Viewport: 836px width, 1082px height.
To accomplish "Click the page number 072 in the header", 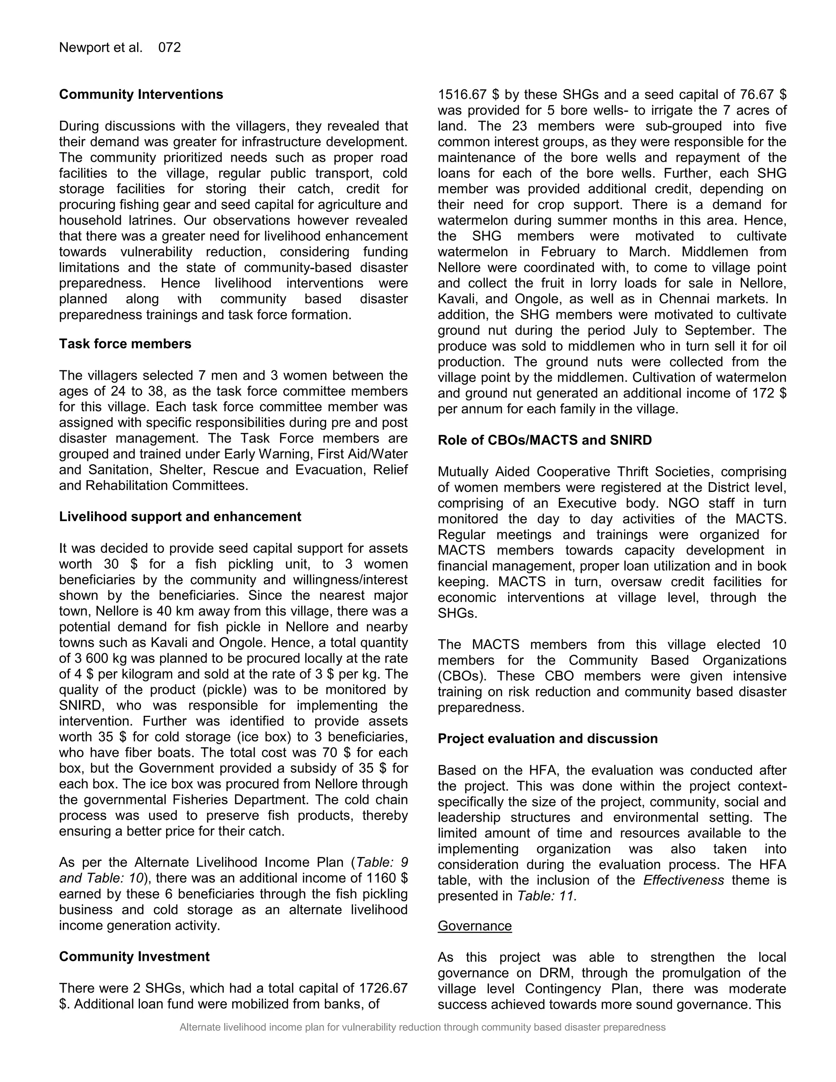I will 169,47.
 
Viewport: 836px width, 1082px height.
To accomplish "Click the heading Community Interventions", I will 141,94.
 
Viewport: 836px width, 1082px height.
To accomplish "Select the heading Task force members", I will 125,344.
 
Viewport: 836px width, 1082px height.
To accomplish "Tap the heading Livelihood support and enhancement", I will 180,517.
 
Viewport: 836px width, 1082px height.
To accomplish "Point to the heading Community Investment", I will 134,957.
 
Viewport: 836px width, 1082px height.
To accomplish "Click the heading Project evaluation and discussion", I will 548,739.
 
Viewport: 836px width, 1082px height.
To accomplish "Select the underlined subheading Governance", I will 474,926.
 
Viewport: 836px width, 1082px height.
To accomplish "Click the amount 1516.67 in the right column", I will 461,94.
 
